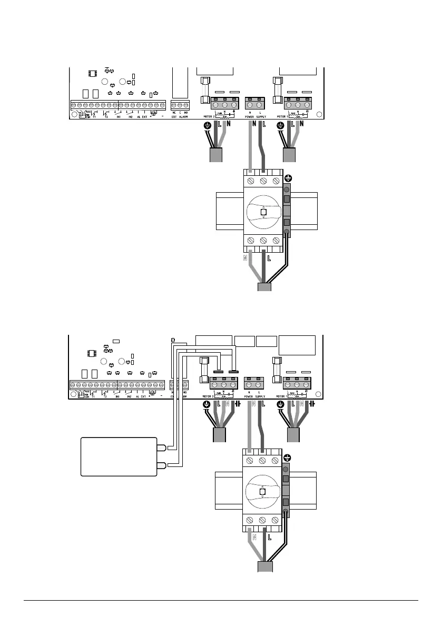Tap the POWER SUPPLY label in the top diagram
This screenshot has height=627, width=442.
[256, 116]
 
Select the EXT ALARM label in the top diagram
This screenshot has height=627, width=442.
[180, 116]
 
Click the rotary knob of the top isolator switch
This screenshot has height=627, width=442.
[263, 212]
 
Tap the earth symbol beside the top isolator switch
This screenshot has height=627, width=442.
[288, 178]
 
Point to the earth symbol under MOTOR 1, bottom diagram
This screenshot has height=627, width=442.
[280, 405]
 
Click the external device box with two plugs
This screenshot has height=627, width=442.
[119, 456]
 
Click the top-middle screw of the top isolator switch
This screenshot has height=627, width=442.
[263, 181]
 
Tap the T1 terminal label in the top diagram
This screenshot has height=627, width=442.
[94, 116]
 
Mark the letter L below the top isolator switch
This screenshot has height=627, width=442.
[269, 259]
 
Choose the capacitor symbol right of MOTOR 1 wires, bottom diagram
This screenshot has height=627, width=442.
[312, 404]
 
